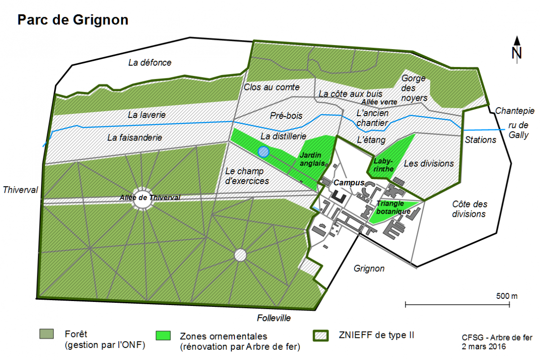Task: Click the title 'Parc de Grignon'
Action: click(72, 20)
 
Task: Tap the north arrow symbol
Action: click(517, 49)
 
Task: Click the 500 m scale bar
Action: click(457, 305)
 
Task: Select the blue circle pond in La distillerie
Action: click(264, 152)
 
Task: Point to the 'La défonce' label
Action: click(149, 63)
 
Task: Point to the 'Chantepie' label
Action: click(514, 111)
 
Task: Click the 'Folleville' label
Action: click(274, 318)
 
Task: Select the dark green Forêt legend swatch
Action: click(46, 333)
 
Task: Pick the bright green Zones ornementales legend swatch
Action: click(163, 336)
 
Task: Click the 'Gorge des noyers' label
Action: click(414, 88)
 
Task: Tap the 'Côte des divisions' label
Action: click(469, 209)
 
